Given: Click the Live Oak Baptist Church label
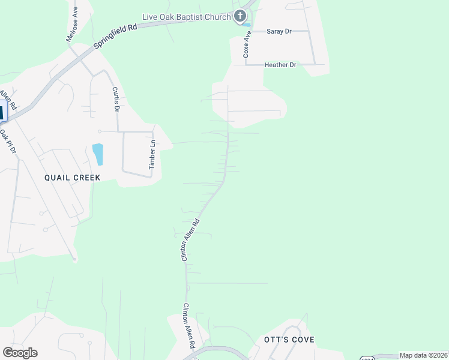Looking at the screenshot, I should [x=186, y=17].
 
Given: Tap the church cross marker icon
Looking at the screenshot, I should [x=240, y=16].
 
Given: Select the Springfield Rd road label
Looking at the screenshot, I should [x=116, y=37].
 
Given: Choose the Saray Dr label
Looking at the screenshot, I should [x=280, y=31].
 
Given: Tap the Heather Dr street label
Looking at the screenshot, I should [x=280, y=64].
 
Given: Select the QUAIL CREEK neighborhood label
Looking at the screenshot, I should [x=71, y=178].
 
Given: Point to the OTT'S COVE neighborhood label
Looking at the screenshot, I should [x=289, y=340].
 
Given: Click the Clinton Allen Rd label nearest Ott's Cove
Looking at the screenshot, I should [x=189, y=326].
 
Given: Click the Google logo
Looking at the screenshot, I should [x=20, y=353].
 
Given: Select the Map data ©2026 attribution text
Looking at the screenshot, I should [x=423, y=355].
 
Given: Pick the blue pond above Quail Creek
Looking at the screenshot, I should [x=97, y=154].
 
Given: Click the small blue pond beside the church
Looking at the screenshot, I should [x=247, y=25].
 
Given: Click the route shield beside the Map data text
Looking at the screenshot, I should [x=367, y=358].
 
